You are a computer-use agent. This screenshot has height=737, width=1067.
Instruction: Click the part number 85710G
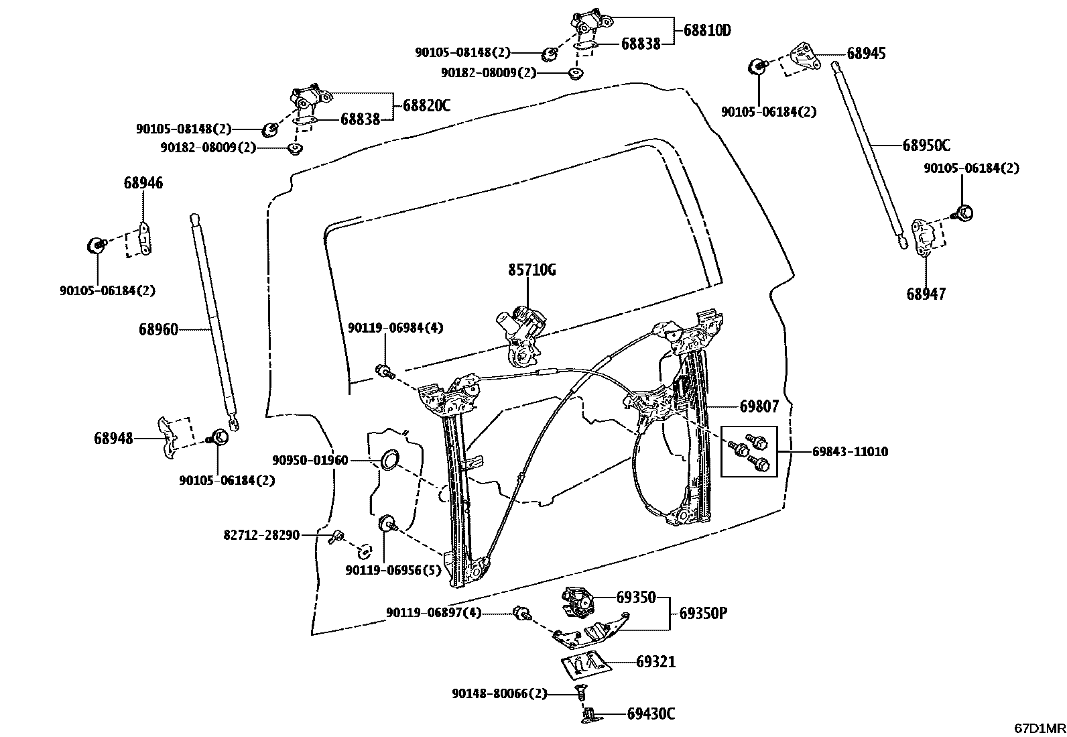531,271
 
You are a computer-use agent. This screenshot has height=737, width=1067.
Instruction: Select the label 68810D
707,31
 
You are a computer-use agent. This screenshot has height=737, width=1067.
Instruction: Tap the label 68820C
426,105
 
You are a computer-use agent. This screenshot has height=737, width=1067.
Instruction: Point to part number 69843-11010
850,452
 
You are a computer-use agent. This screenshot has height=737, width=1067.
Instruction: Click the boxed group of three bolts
749,451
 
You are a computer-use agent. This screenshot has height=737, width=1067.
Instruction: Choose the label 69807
759,406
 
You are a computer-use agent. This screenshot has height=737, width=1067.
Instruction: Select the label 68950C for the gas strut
926,146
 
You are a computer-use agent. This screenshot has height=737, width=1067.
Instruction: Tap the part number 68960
159,329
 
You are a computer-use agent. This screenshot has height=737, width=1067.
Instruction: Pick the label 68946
143,183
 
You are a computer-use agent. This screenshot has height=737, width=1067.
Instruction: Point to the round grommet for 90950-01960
389,460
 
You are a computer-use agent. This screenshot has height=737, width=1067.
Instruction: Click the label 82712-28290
261,535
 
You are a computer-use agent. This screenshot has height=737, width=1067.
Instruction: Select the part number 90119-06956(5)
393,570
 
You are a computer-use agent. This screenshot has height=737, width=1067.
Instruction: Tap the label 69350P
703,614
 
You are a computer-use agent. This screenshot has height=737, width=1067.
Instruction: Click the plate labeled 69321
586,662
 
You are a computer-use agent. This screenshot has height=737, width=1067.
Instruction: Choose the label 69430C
651,714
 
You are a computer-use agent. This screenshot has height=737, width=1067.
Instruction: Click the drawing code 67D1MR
1039,728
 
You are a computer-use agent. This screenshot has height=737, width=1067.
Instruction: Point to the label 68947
926,294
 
